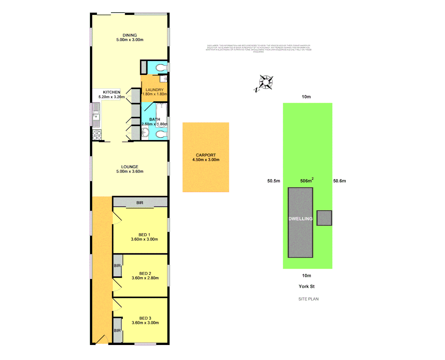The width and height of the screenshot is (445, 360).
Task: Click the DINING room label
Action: [129, 35]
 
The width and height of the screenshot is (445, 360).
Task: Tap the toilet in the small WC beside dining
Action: [161, 68]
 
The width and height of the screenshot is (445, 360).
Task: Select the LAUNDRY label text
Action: [154, 90]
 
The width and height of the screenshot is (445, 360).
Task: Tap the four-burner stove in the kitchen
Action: [97, 135]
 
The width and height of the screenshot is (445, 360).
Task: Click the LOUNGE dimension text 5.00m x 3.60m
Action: [130, 171]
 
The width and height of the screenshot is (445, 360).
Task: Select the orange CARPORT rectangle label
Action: [206, 155]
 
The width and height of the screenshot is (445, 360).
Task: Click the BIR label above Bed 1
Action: [140, 203]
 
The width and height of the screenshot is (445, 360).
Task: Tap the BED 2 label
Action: [145, 273]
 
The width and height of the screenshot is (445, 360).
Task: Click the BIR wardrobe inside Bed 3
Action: [117, 330]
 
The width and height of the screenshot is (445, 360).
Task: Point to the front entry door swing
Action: [102, 340]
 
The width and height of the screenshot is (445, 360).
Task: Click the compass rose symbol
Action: [266, 82]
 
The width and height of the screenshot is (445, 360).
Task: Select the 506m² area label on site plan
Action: [307, 181]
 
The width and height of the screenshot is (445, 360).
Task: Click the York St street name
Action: [307, 286]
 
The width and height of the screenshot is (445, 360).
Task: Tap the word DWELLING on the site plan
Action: [300, 219]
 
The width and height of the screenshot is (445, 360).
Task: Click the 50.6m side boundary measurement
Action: [339, 181]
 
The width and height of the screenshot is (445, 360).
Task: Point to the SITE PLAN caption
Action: [308, 299]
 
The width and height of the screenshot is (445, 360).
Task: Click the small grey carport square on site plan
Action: [324, 218]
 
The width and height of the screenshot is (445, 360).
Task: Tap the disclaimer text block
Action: [259, 49]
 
